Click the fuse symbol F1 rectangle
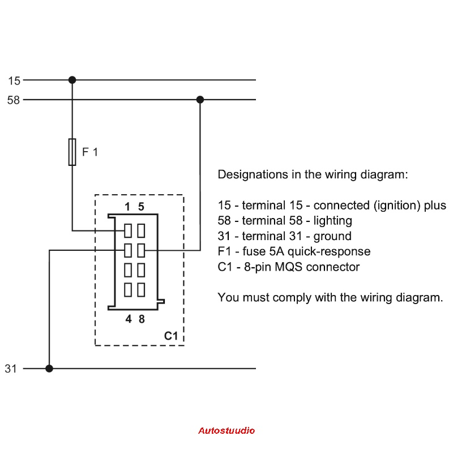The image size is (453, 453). (72, 152)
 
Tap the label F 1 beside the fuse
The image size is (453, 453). (90, 152)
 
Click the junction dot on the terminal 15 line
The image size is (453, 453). (72, 80)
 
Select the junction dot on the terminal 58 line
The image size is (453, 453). (200, 100)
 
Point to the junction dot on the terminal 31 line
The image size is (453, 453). (49, 368)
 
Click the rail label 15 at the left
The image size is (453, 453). (14, 81)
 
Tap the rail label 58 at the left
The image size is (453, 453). (14, 100)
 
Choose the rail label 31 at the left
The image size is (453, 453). (11, 369)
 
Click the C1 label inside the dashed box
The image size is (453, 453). (171, 336)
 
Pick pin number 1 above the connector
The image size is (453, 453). (128, 207)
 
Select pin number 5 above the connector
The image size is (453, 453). (141, 207)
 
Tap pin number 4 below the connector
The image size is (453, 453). (129, 319)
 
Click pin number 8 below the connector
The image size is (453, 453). (142, 319)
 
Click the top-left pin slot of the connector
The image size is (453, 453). (128, 230)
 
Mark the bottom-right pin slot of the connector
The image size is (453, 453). (141, 289)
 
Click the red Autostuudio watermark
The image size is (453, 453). (226, 430)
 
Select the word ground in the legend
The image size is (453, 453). (335, 236)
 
